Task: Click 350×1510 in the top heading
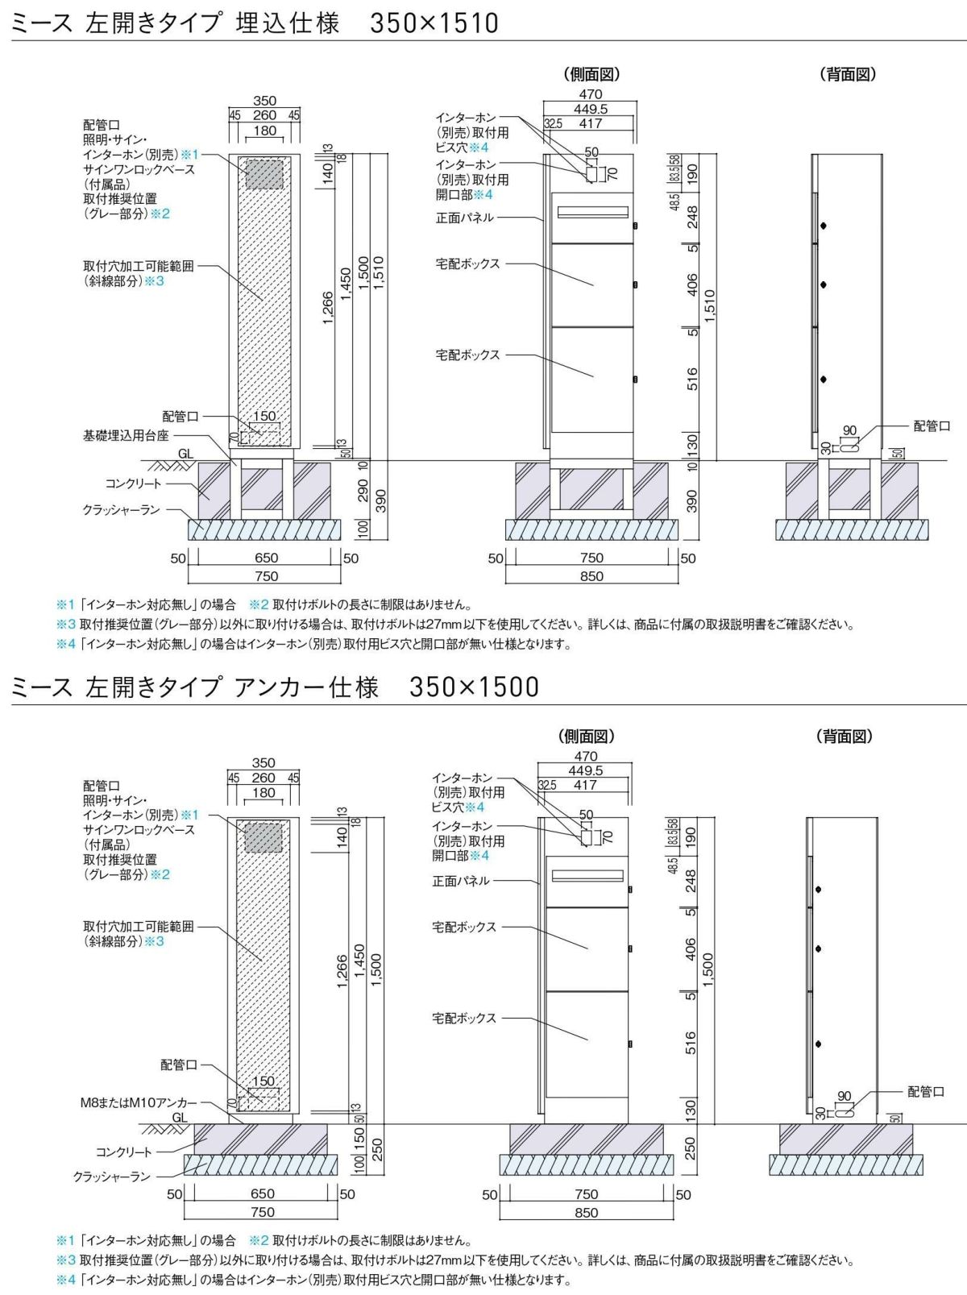point(434,23)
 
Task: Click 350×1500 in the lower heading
point(474,687)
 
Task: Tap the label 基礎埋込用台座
point(126,435)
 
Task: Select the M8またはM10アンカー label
point(139,1102)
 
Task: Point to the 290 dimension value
point(363,490)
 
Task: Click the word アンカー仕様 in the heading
point(306,687)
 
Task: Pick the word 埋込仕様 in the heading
point(288,23)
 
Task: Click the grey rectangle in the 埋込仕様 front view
point(264,174)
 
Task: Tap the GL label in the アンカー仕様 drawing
point(180,1118)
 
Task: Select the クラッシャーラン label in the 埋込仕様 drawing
point(121,510)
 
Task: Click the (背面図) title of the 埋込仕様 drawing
point(848,74)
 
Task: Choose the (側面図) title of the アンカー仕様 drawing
point(586,736)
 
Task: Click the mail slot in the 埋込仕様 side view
point(592,212)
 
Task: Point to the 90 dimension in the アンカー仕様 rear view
point(844,1096)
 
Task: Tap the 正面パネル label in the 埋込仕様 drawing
point(464,218)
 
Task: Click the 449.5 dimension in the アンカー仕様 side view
point(586,770)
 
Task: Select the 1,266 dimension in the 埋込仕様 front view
point(327,308)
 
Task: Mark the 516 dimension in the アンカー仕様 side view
point(690,1043)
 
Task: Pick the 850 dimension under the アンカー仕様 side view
point(586,1212)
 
